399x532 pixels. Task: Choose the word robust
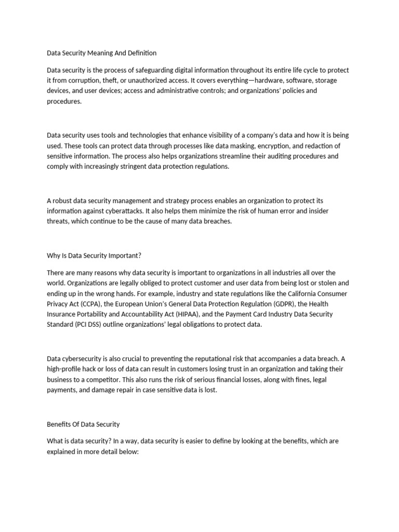[x=63, y=201]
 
